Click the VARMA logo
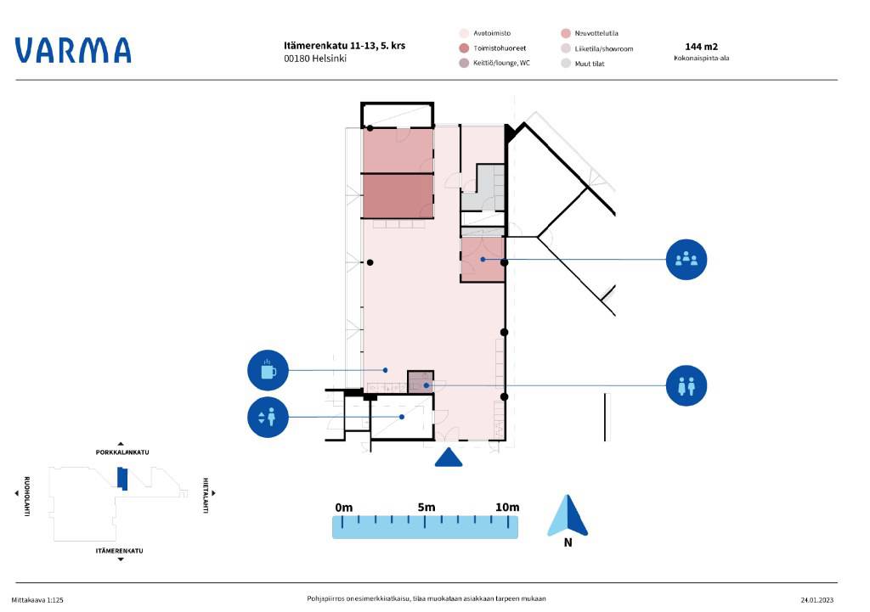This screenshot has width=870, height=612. (73, 50)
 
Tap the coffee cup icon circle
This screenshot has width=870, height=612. (268, 370)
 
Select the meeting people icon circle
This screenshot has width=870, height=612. (686, 260)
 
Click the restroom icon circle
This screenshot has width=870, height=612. (686, 386)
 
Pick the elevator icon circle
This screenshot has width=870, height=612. (268, 417)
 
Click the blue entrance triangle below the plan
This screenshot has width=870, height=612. (449, 458)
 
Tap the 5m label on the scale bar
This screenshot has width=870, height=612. (427, 508)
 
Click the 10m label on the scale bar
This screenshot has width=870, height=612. (507, 508)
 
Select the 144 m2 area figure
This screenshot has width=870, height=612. (701, 47)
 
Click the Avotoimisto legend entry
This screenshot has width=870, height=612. (485, 33)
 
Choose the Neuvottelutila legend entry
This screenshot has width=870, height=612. (590, 33)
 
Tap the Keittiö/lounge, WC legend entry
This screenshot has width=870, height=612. (494, 63)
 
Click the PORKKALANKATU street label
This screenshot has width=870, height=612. (122, 452)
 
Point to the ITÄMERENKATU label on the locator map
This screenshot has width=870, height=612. (119, 551)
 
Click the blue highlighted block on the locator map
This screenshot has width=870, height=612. (122, 479)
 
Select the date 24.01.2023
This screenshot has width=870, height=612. (816, 600)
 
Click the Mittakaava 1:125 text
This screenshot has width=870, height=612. (37, 600)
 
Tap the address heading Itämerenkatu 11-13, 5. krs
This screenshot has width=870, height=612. (345, 46)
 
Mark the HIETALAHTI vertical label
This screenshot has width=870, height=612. (206, 496)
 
